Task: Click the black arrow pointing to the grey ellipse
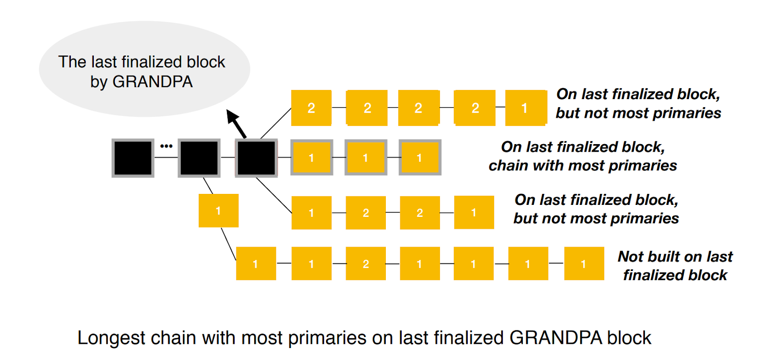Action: tap(237, 124)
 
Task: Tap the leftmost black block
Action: tap(133, 158)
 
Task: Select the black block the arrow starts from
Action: tap(256, 158)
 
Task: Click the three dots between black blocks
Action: tap(166, 146)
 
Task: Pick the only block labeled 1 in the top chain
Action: tap(526, 108)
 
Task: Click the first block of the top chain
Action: tap(311, 108)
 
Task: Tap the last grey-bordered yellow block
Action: tap(419, 157)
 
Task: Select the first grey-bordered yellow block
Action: tap(311, 157)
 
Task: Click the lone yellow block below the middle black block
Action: tap(218, 211)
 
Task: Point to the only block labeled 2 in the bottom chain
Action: tap(366, 264)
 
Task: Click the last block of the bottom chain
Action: tap(584, 264)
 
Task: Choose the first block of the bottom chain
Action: tap(256, 264)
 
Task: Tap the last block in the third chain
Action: tap(473, 213)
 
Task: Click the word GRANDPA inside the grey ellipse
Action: tap(152, 82)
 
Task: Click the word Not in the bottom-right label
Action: tap(631, 257)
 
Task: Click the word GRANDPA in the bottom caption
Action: tap(556, 338)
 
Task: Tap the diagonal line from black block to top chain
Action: tap(276, 124)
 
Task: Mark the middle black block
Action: tap(199, 158)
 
